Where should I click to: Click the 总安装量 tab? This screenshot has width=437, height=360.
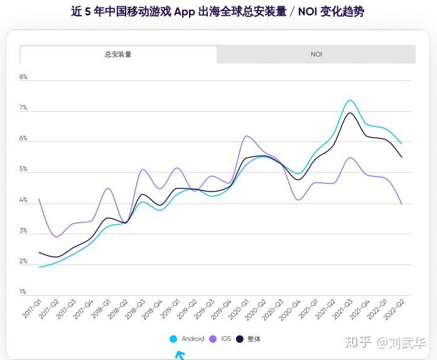[118, 55]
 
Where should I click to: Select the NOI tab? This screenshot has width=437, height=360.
[316, 55]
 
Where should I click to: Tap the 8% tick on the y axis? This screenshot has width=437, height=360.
[23, 77]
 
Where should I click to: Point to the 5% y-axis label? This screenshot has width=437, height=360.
[23, 170]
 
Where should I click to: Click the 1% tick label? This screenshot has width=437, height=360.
[23, 292]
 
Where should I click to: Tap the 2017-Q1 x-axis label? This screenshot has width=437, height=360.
[31, 308]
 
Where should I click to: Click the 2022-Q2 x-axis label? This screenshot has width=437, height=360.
[393, 308]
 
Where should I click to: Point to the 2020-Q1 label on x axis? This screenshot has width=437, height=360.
[238, 308]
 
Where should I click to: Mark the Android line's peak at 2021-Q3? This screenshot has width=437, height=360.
[350, 101]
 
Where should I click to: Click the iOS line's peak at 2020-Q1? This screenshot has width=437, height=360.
[245, 136]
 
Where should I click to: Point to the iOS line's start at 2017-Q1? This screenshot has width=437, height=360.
[39, 199]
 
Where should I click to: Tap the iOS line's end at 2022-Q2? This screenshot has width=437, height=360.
[402, 204]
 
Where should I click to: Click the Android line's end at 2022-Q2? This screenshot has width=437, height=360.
[402, 144]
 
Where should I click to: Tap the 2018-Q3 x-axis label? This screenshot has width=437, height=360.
[134, 308]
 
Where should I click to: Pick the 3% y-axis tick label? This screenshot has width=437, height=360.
[23, 231]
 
